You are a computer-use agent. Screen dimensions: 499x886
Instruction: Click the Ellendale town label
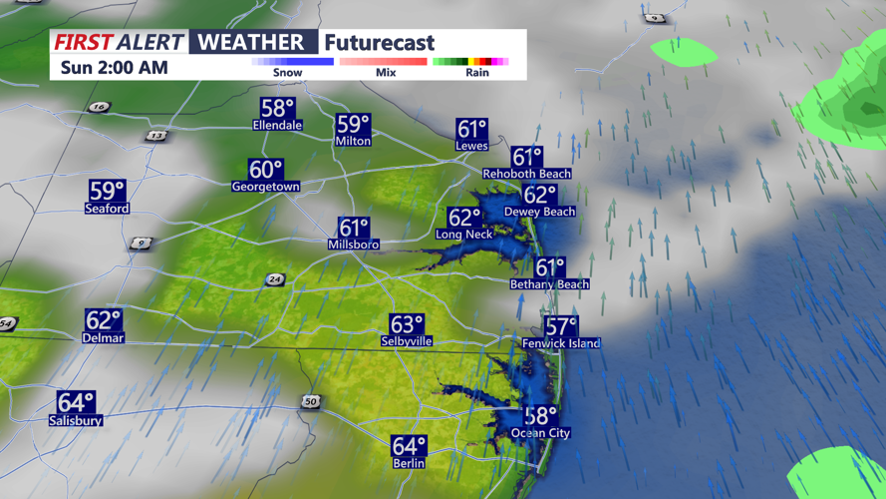[278, 126]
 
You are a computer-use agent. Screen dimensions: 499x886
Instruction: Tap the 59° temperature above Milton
[353, 125]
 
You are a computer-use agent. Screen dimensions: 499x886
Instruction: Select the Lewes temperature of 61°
[471, 130]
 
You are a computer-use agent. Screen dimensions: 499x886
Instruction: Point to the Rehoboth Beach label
[527, 174]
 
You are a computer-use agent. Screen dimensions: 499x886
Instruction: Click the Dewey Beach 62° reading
[539, 196]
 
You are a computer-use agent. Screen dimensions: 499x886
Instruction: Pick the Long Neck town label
[464, 235]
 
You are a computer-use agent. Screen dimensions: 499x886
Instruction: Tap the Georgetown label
[266, 187]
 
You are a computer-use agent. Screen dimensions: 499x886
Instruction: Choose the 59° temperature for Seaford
[107, 191]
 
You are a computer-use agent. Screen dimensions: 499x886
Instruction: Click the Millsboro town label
[354, 245]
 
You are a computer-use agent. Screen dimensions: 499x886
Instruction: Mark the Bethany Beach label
[549, 284]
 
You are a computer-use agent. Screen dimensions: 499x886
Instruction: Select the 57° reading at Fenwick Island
[561, 326]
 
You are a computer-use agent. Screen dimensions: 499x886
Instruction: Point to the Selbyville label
[407, 341]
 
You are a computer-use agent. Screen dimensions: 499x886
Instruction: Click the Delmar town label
[103, 338]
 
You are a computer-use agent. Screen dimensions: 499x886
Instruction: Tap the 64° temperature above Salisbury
[76, 402]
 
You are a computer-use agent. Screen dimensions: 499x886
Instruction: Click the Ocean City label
[540, 433]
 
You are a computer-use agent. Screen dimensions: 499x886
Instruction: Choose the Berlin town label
[409, 463]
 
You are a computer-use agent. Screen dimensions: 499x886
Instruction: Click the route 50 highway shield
[311, 401]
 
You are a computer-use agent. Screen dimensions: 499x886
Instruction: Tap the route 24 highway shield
[275, 279]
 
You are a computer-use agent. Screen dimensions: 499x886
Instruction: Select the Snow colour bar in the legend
[292, 62]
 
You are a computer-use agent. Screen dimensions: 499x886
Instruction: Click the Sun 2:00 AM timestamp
[114, 68]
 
